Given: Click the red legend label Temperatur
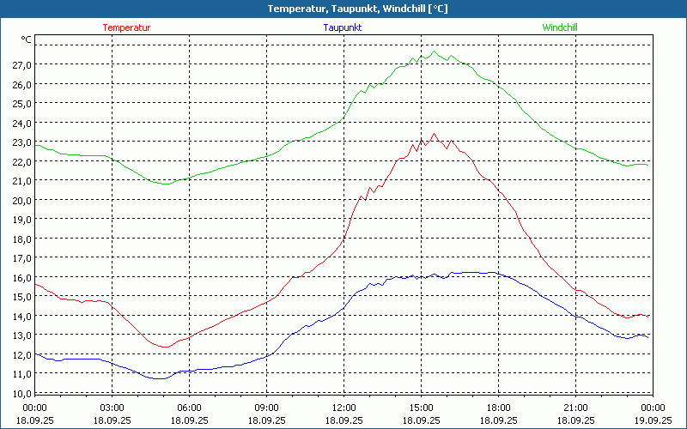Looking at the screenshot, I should pos(126,27).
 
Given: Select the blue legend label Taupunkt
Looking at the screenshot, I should pos(342,27).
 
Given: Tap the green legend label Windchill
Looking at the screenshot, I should pos(559,27).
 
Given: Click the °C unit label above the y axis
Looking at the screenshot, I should pos(27,39).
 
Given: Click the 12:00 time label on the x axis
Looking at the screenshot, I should pos(343,408).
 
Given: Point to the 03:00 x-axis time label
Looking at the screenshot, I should pos(112,408).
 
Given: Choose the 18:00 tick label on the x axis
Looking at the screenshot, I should pos(498,408).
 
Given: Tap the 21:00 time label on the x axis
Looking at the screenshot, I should pos(575,408).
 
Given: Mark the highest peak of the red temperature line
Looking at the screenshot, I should pos(435,133).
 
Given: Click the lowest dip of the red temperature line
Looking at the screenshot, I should pos(163,347).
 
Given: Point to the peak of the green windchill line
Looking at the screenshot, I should pos(435,51).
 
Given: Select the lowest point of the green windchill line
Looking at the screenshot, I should pos(166,184).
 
